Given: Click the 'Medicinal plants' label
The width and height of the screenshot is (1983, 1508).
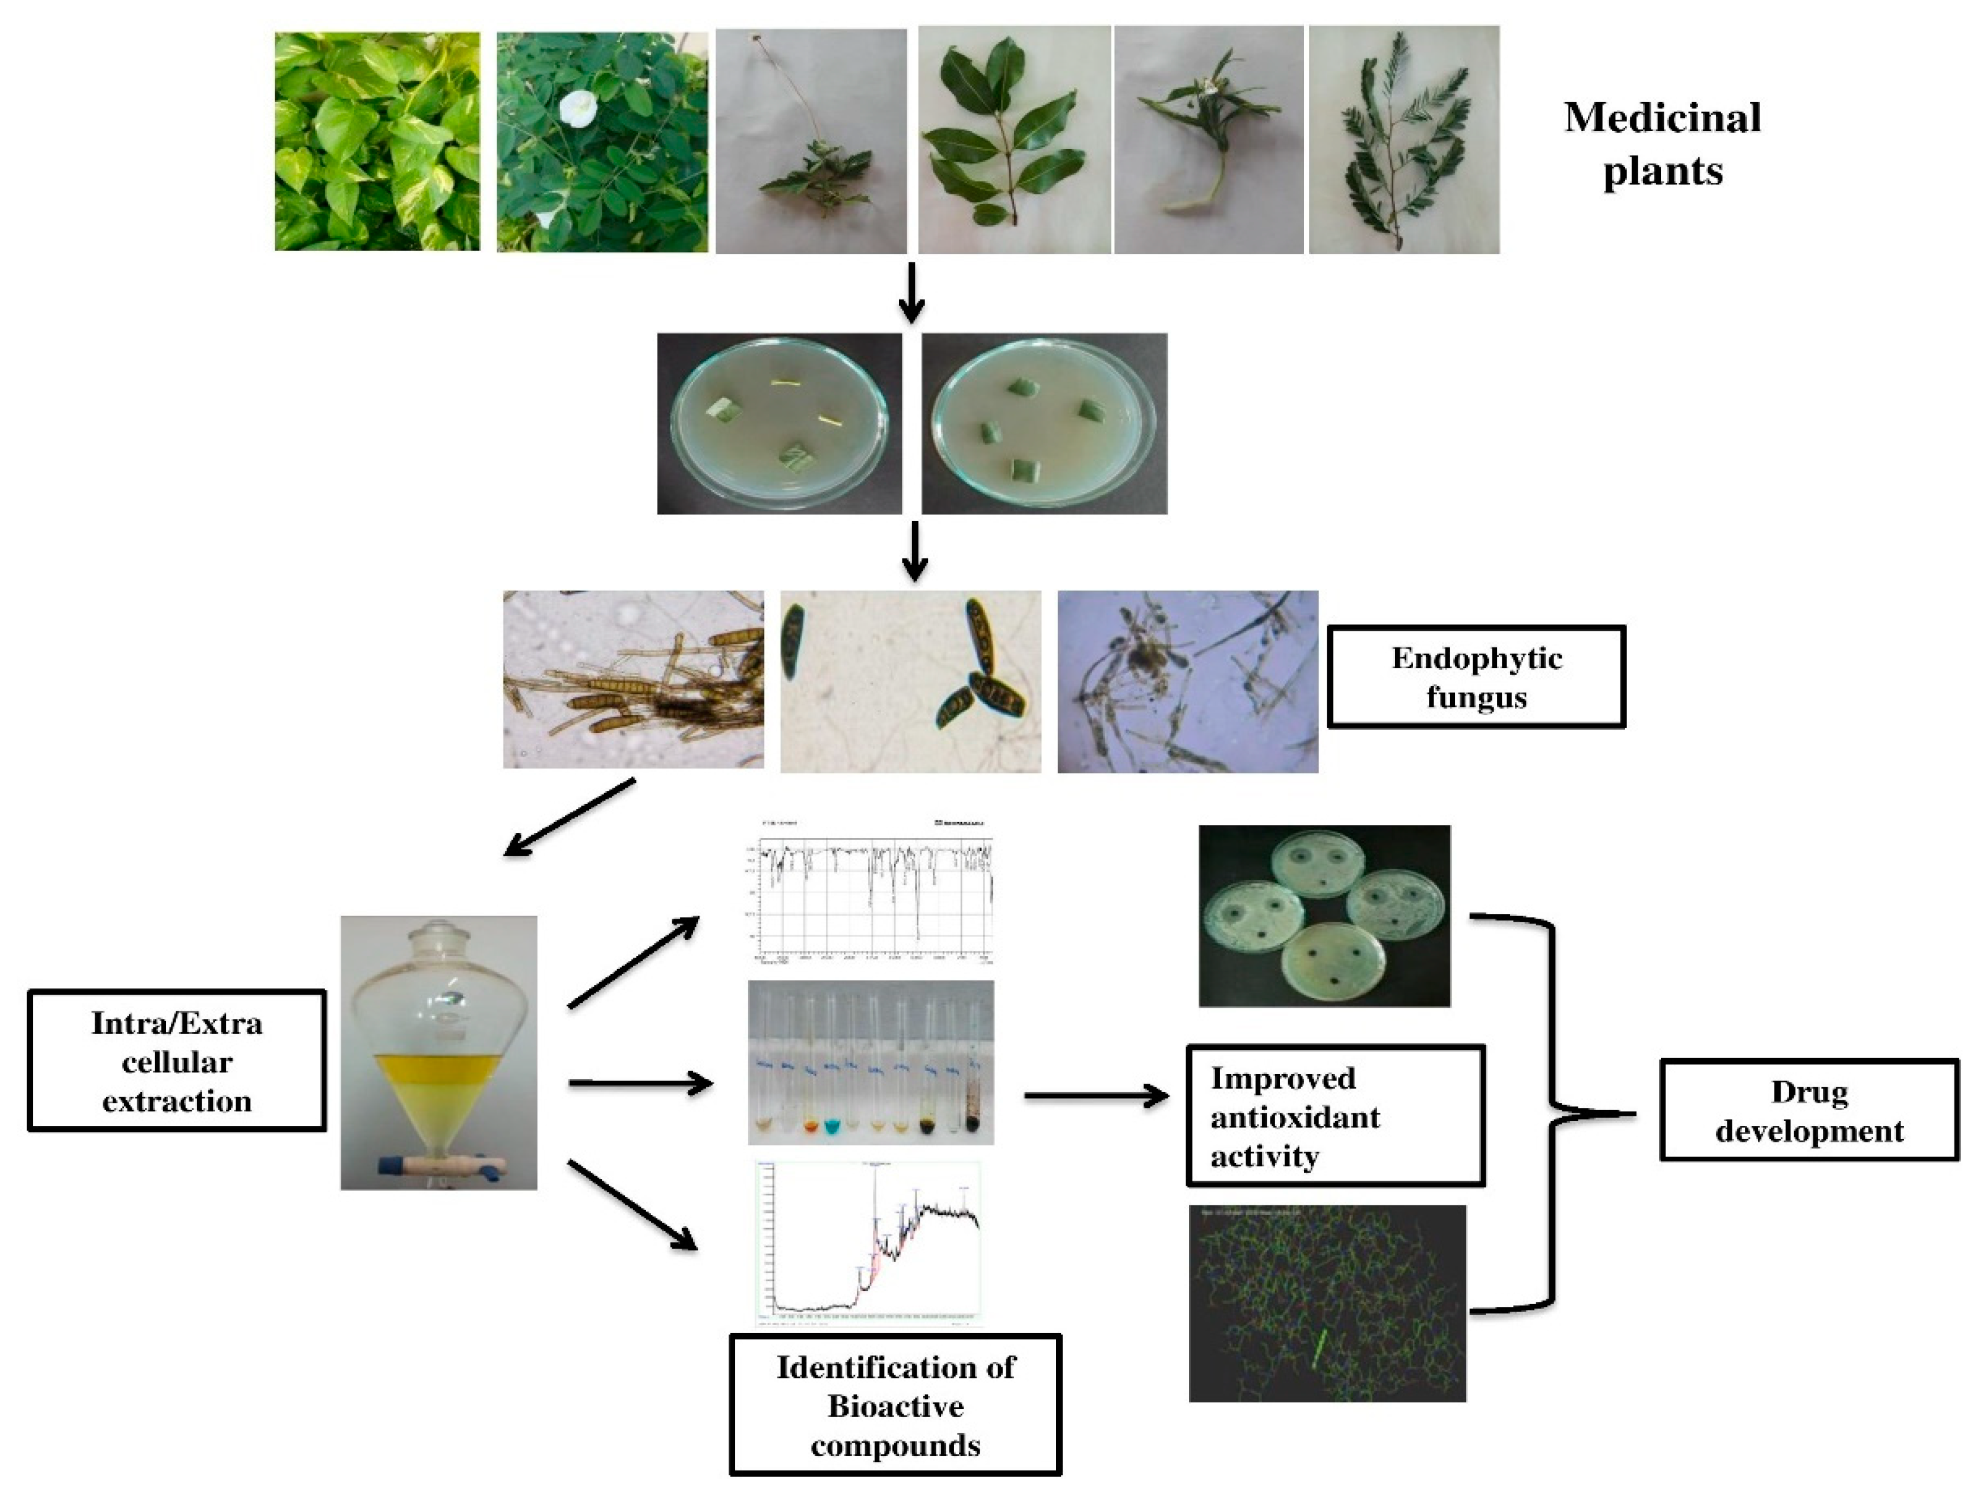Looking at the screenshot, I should click(1662, 144).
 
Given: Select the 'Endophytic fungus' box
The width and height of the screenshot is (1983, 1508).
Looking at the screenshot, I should click(1476, 677).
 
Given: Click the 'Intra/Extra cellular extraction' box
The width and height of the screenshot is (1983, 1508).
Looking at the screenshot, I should click(177, 1061).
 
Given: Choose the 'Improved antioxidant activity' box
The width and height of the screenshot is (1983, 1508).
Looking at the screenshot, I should click(1334, 1116).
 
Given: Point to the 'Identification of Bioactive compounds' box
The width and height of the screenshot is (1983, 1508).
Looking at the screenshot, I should click(895, 1406).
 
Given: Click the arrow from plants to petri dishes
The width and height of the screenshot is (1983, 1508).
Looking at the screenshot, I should click(911, 293).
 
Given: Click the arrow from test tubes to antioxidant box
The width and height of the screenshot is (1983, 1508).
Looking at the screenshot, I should click(1097, 1095).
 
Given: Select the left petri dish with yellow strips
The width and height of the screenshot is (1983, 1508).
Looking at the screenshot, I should click(779, 424).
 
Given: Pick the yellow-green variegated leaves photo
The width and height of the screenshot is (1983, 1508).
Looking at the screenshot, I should click(377, 142).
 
